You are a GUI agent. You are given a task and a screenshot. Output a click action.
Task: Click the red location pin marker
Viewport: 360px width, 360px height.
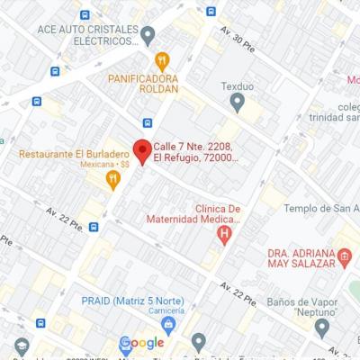point(141,151)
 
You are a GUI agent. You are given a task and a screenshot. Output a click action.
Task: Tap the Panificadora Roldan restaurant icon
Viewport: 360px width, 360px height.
point(162,61)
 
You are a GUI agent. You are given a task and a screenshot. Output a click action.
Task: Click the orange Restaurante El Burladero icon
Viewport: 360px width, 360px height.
point(112,180)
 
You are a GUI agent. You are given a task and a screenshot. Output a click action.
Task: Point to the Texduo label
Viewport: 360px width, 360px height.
point(238,87)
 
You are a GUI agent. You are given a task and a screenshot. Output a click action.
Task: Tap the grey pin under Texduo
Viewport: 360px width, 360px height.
point(238,103)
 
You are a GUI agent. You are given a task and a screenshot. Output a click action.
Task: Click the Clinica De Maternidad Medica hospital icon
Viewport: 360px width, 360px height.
point(224,235)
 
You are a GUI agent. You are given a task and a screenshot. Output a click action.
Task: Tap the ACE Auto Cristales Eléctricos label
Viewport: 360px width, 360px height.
point(87,35)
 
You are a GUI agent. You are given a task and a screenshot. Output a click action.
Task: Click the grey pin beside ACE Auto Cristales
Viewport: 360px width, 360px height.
point(148,34)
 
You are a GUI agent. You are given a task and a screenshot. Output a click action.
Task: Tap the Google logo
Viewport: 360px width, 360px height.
point(142,343)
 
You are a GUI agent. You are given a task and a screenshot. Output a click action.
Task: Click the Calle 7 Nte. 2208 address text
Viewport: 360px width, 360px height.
point(195,151)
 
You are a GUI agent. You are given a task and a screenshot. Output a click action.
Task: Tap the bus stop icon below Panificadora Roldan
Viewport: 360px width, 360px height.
point(147,122)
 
